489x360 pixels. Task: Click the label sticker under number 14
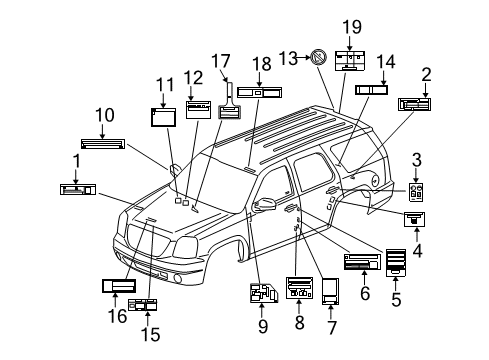372,89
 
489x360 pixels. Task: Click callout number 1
75,160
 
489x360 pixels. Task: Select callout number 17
227,59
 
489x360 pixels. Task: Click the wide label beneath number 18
258,93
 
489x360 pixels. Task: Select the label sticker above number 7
330,292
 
